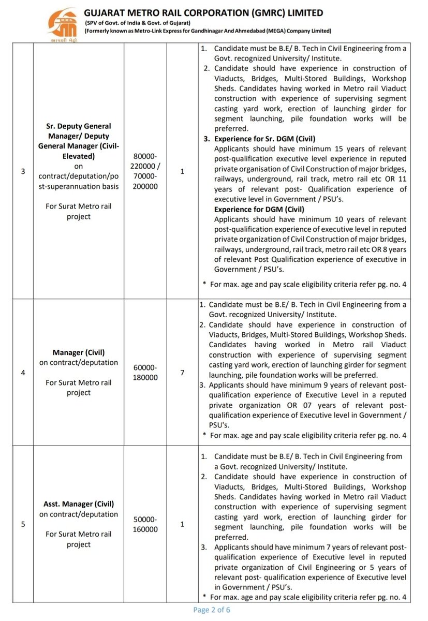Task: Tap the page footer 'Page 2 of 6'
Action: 211,610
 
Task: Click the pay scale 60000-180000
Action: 145,372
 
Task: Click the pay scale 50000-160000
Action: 145,524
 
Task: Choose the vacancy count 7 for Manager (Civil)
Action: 182,372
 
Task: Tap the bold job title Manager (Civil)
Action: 78,352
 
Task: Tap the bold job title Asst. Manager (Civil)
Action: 78,504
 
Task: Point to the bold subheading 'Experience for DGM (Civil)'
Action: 259,209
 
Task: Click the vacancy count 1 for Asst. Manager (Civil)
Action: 182,524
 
